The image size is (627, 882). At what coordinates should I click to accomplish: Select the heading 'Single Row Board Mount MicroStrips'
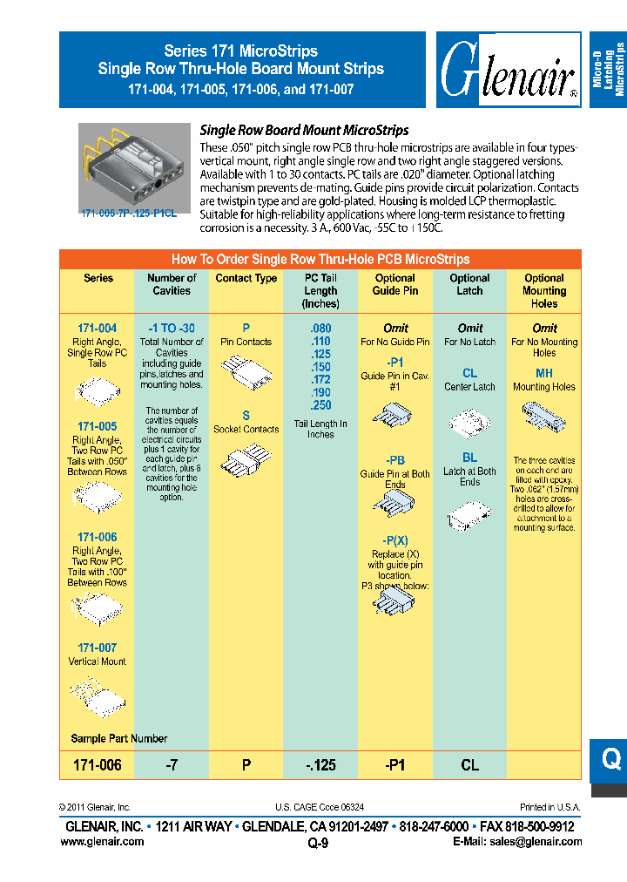click(x=305, y=130)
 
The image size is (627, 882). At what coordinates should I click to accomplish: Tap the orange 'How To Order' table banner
click(x=320, y=259)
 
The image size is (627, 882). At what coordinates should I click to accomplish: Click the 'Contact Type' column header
click(x=246, y=278)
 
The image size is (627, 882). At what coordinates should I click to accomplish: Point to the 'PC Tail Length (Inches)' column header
click(x=320, y=290)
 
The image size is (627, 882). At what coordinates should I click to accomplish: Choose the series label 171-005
click(x=98, y=426)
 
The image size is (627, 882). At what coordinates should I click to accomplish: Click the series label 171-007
click(x=98, y=648)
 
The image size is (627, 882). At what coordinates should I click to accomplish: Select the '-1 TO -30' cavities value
click(x=172, y=329)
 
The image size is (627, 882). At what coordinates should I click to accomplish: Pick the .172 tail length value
click(x=320, y=380)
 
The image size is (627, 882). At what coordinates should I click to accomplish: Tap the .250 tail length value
click(x=320, y=405)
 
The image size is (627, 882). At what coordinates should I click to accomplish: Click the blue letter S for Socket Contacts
click(x=246, y=416)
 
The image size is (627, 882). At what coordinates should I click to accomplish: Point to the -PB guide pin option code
click(x=395, y=460)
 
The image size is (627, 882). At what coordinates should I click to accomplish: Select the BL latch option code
click(x=470, y=458)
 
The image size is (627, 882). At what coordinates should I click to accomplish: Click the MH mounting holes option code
click(x=544, y=373)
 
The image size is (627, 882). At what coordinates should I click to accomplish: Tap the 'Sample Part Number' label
click(x=119, y=738)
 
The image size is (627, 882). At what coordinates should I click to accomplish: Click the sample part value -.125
click(x=320, y=765)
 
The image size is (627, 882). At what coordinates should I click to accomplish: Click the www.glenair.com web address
click(x=102, y=841)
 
